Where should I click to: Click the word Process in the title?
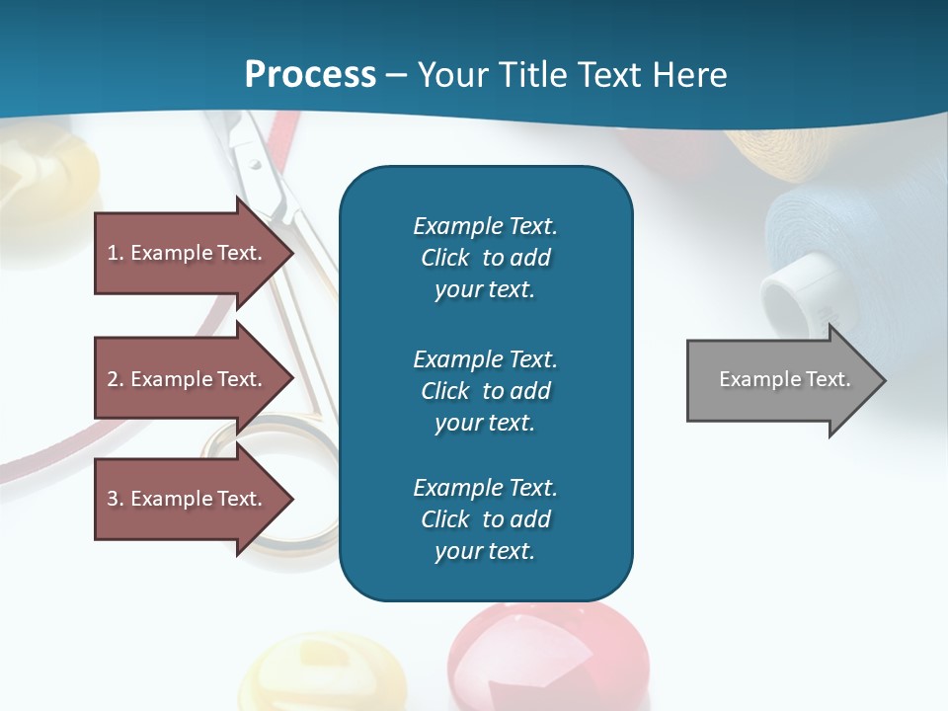310,75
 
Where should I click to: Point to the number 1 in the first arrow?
113,253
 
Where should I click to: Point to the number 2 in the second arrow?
113,379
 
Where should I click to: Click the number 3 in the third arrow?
113,499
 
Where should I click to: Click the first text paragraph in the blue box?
485,258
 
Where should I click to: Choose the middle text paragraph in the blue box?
485,391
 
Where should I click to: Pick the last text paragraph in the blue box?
485,519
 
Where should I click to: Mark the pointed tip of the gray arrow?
884,380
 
